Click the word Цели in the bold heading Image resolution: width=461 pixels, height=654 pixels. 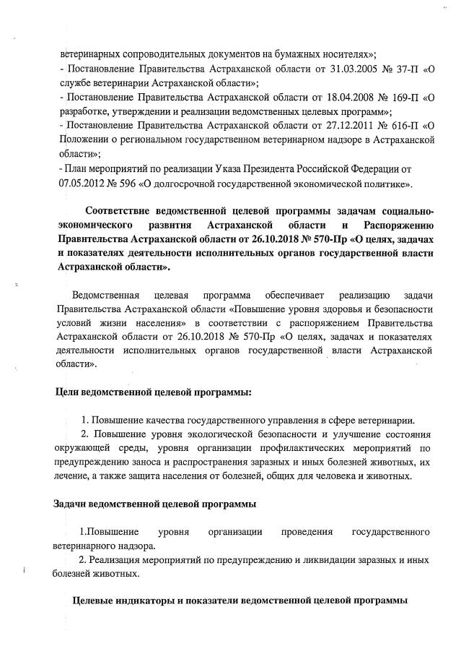pyautogui.click(x=69, y=391)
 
